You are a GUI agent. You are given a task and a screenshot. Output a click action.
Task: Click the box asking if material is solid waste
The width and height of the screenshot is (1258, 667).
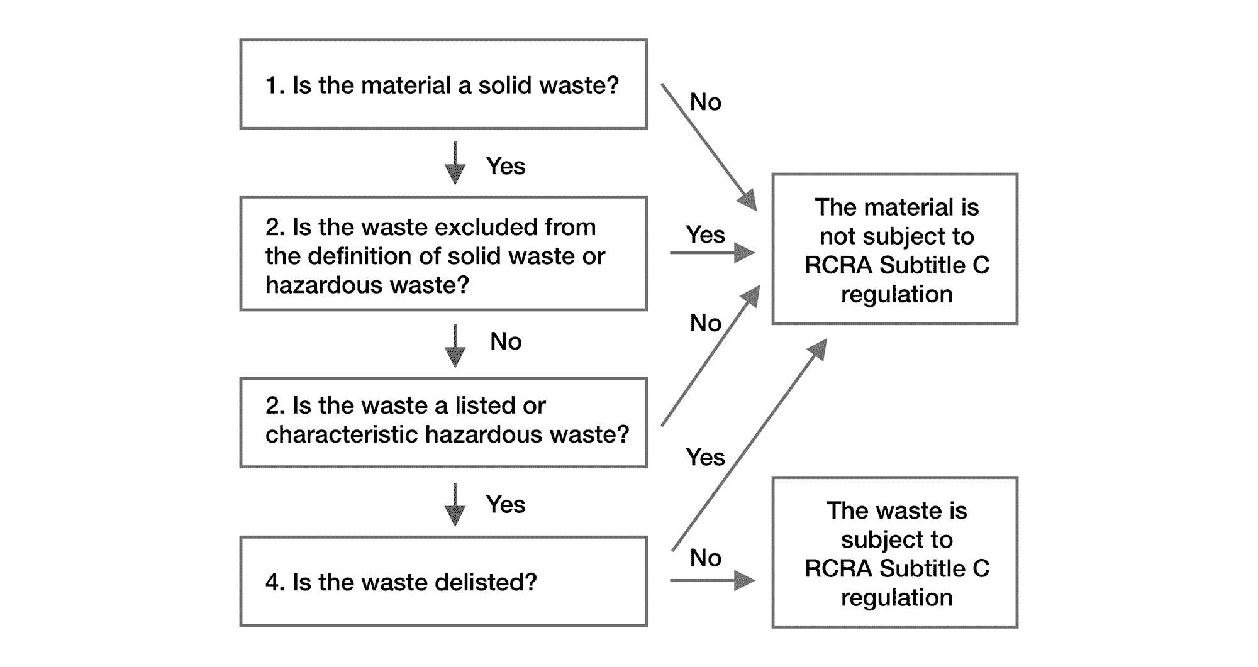(443, 84)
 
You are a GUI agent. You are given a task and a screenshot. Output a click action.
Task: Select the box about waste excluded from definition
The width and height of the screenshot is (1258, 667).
(443, 253)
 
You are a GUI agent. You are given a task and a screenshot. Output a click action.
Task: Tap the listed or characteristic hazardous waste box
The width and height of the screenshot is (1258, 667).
(443, 422)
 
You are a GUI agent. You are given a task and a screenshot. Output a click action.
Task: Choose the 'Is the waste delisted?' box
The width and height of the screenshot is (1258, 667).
(443, 581)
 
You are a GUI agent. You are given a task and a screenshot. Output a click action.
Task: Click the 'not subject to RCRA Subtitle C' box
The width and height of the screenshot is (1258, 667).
(894, 249)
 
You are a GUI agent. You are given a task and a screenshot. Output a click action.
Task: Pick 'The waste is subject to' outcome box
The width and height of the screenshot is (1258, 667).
(894, 552)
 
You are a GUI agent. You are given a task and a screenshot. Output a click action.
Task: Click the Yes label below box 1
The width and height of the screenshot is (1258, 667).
(505, 166)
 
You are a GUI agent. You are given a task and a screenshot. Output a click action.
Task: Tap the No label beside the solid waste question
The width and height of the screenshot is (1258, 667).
(705, 102)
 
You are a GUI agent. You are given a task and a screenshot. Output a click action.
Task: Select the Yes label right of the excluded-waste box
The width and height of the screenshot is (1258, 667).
(705, 234)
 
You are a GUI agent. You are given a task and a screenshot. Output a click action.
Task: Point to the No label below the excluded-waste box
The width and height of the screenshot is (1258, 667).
(506, 341)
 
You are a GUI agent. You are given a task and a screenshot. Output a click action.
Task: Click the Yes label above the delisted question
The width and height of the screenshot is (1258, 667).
(505, 504)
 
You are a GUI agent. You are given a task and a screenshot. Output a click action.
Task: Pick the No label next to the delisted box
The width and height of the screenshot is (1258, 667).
(705, 558)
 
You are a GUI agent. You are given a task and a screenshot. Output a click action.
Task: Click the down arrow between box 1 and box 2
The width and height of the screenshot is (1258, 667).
(455, 163)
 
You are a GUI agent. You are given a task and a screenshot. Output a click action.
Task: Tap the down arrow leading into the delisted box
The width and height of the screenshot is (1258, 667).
(455, 504)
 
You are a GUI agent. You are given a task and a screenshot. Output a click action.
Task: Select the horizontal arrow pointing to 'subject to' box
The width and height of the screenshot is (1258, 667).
(712, 580)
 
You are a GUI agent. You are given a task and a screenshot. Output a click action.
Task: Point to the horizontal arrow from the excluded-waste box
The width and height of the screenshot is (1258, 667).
(712, 253)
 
